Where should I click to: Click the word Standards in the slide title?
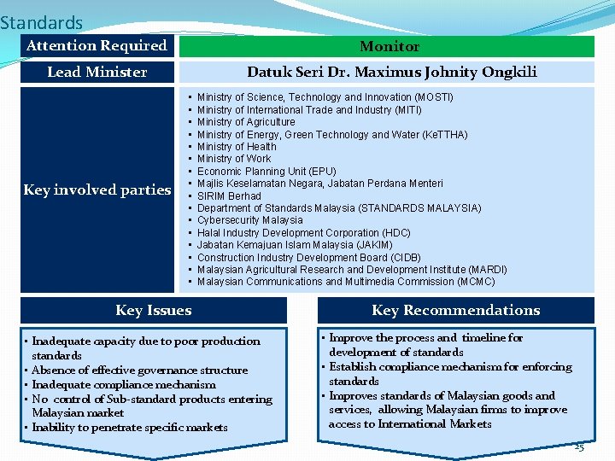point(42,22)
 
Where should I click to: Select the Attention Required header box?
point(97,46)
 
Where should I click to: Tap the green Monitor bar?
point(389,47)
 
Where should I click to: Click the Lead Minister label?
point(97,73)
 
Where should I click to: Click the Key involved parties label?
point(97,190)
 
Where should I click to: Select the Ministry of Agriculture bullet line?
point(246,122)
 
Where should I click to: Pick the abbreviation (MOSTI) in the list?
point(433,97)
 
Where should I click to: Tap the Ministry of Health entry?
point(237,147)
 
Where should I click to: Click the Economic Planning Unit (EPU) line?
point(266,171)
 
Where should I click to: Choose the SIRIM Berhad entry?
point(229,195)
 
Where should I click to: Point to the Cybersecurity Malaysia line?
point(249,220)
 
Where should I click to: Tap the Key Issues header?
point(154,311)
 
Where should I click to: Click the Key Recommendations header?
point(455,311)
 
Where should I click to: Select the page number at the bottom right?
point(578,447)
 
